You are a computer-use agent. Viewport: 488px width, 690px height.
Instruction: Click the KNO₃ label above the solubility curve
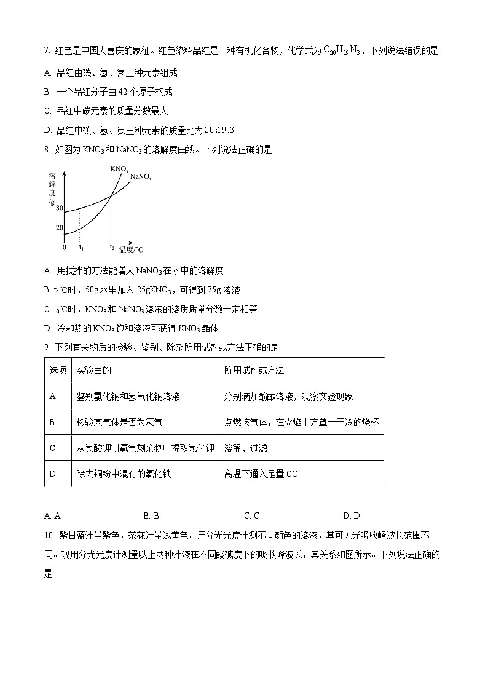click(x=119, y=168)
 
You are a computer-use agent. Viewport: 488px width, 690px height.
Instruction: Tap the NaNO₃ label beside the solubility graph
click(x=141, y=178)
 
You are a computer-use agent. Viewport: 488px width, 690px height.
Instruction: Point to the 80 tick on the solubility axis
click(x=60, y=208)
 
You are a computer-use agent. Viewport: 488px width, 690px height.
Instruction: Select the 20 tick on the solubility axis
click(x=60, y=228)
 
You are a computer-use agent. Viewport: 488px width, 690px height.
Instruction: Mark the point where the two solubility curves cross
click(x=111, y=196)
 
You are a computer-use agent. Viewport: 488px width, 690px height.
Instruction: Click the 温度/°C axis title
click(x=132, y=249)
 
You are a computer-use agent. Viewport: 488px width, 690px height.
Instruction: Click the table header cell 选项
click(x=58, y=370)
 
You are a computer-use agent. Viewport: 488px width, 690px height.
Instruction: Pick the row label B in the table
click(x=52, y=422)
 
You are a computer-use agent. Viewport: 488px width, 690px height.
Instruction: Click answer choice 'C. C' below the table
click(x=251, y=516)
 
